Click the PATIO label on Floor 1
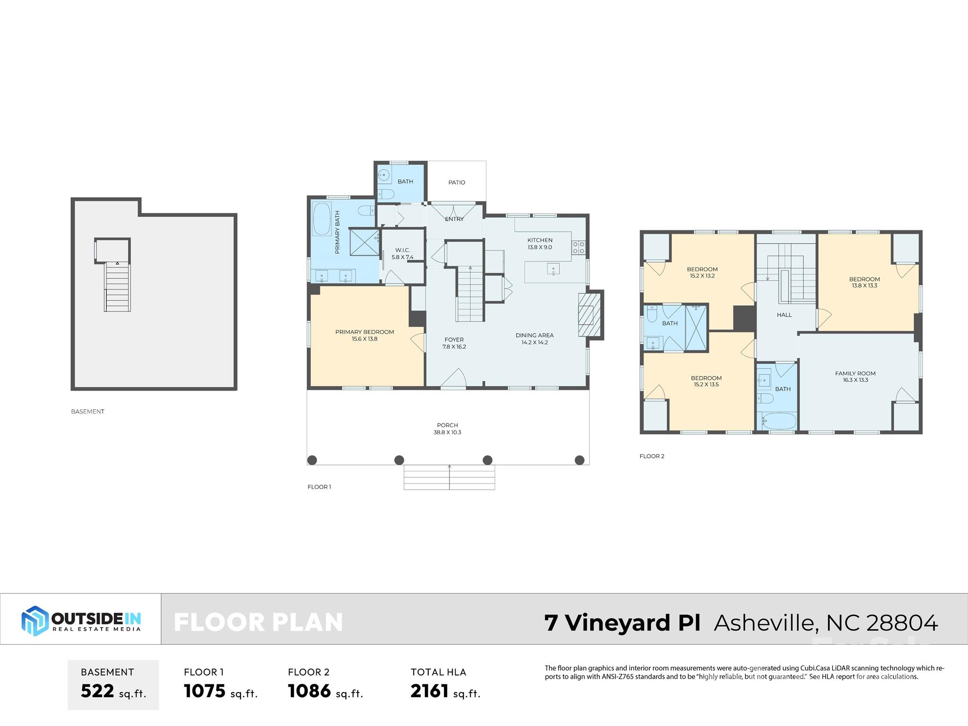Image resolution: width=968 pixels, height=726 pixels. coord(457,182)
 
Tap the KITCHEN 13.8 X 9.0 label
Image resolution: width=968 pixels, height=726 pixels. coord(540,243)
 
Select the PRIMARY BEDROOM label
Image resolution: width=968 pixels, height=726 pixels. coord(364,335)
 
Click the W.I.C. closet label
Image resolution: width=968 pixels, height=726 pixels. coord(402,253)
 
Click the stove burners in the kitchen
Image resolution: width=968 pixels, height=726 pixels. coord(579,248)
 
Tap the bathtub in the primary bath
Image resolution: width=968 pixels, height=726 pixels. coord(322,219)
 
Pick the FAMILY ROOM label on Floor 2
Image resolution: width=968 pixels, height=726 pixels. coord(855,376)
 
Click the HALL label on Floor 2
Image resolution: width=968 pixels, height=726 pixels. coord(784,315)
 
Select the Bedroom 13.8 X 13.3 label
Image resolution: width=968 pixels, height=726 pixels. coord(864,282)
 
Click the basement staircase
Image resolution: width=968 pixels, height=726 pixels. coord(117,287)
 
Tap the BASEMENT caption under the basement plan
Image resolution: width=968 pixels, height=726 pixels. coord(87,412)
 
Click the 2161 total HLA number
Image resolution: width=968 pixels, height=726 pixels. coord(429,691)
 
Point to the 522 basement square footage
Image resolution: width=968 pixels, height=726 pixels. coord(97,691)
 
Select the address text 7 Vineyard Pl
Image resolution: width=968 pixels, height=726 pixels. coord(622,622)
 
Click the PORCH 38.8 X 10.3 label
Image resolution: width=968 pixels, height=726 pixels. coord(447,429)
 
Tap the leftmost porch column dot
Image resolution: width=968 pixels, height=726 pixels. coord(312,460)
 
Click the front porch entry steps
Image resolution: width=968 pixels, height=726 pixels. coord(449,477)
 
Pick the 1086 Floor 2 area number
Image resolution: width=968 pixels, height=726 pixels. coord(309,691)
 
